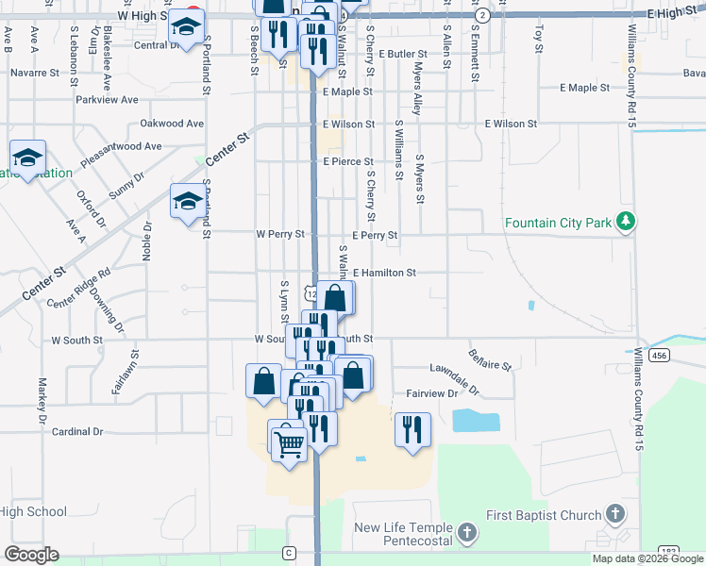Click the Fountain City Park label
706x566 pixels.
[559, 223]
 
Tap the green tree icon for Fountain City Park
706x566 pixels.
[624, 222]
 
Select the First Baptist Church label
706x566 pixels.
[543, 515]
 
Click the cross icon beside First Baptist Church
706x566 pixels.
[614, 514]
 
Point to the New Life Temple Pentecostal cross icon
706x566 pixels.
[465, 534]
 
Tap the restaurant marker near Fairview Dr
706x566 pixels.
[412, 428]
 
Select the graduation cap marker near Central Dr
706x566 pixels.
[186, 30]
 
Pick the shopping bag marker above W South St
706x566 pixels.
[335, 297]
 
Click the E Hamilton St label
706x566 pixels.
[385, 273]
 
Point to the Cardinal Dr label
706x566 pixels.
[76, 432]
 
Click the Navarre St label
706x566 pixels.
[48, 72]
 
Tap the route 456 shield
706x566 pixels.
[660, 356]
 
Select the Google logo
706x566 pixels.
[31, 554]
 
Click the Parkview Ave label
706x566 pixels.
[108, 99]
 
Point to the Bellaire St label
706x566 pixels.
[489, 359]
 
